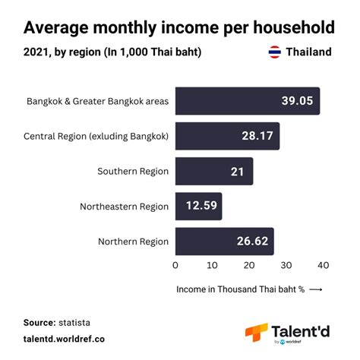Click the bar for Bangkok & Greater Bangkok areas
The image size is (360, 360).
(x=247, y=101)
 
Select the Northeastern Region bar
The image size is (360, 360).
(x=198, y=206)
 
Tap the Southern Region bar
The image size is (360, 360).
(x=213, y=172)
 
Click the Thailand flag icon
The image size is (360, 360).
(x=274, y=52)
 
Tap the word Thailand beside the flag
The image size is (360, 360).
(x=308, y=52)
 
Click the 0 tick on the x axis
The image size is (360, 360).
(x=175, y=266)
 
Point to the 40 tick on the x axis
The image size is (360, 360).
(x=323, y=266)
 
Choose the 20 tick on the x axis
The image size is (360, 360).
(x=249, y=266)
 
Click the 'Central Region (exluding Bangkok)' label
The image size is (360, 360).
(x=96, y=137)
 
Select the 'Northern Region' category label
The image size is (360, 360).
(x=133, y=242)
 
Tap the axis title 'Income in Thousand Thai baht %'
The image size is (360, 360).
(x=240, y=289)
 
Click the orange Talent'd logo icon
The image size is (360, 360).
(x=256, y=332)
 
